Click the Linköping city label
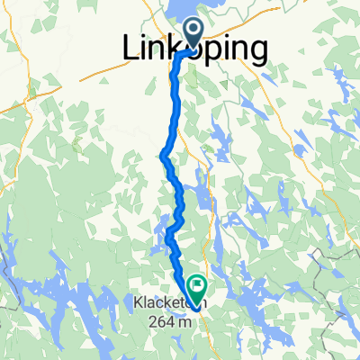point(194,50)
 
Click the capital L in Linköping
point(130,50)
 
